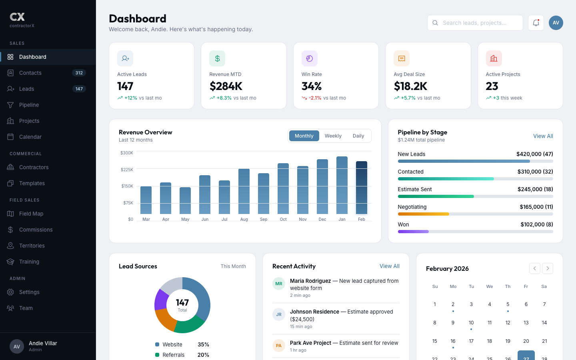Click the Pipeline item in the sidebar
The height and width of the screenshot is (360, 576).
29,105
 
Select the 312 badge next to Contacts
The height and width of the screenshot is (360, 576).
79,73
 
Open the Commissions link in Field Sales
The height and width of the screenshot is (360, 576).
36,230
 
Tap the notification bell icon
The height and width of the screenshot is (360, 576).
536,23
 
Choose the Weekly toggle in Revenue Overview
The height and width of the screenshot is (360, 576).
333,136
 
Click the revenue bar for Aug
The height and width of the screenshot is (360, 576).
244,191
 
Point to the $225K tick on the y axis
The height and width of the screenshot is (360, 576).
127,170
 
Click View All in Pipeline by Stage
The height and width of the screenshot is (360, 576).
543,136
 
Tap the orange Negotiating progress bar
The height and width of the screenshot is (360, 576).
423,214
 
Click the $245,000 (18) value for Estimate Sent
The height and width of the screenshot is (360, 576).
535,189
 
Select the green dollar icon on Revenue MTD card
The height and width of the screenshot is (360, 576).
217,58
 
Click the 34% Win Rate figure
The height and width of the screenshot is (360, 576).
312,86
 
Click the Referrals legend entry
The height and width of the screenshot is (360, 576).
173,355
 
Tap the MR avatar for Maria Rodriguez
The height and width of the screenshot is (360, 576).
279,284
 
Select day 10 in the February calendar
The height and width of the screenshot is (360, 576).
471,323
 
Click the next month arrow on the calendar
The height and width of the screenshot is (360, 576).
547,268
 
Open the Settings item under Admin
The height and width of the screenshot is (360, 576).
29,292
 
